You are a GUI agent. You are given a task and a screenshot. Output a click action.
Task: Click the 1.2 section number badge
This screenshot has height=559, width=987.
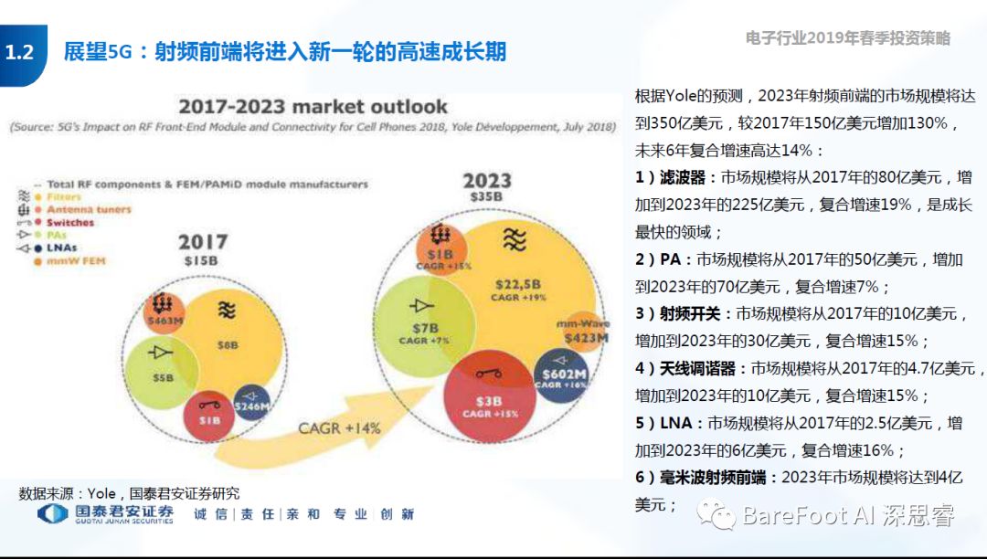point(19,52)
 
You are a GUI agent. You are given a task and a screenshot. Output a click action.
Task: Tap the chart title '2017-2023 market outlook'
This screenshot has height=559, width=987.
point(313,106)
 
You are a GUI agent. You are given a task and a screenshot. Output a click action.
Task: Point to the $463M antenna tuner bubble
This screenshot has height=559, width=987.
point(164,311)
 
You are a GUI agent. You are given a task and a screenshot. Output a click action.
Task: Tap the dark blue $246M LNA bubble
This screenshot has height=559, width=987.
point(250,402)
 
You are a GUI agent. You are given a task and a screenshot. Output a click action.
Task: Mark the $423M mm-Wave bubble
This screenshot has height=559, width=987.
point(584,332)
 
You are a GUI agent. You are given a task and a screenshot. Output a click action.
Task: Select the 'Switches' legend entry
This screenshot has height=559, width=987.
point(69,222)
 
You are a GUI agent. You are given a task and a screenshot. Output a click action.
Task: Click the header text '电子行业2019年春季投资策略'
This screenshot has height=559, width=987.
point(847,38)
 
